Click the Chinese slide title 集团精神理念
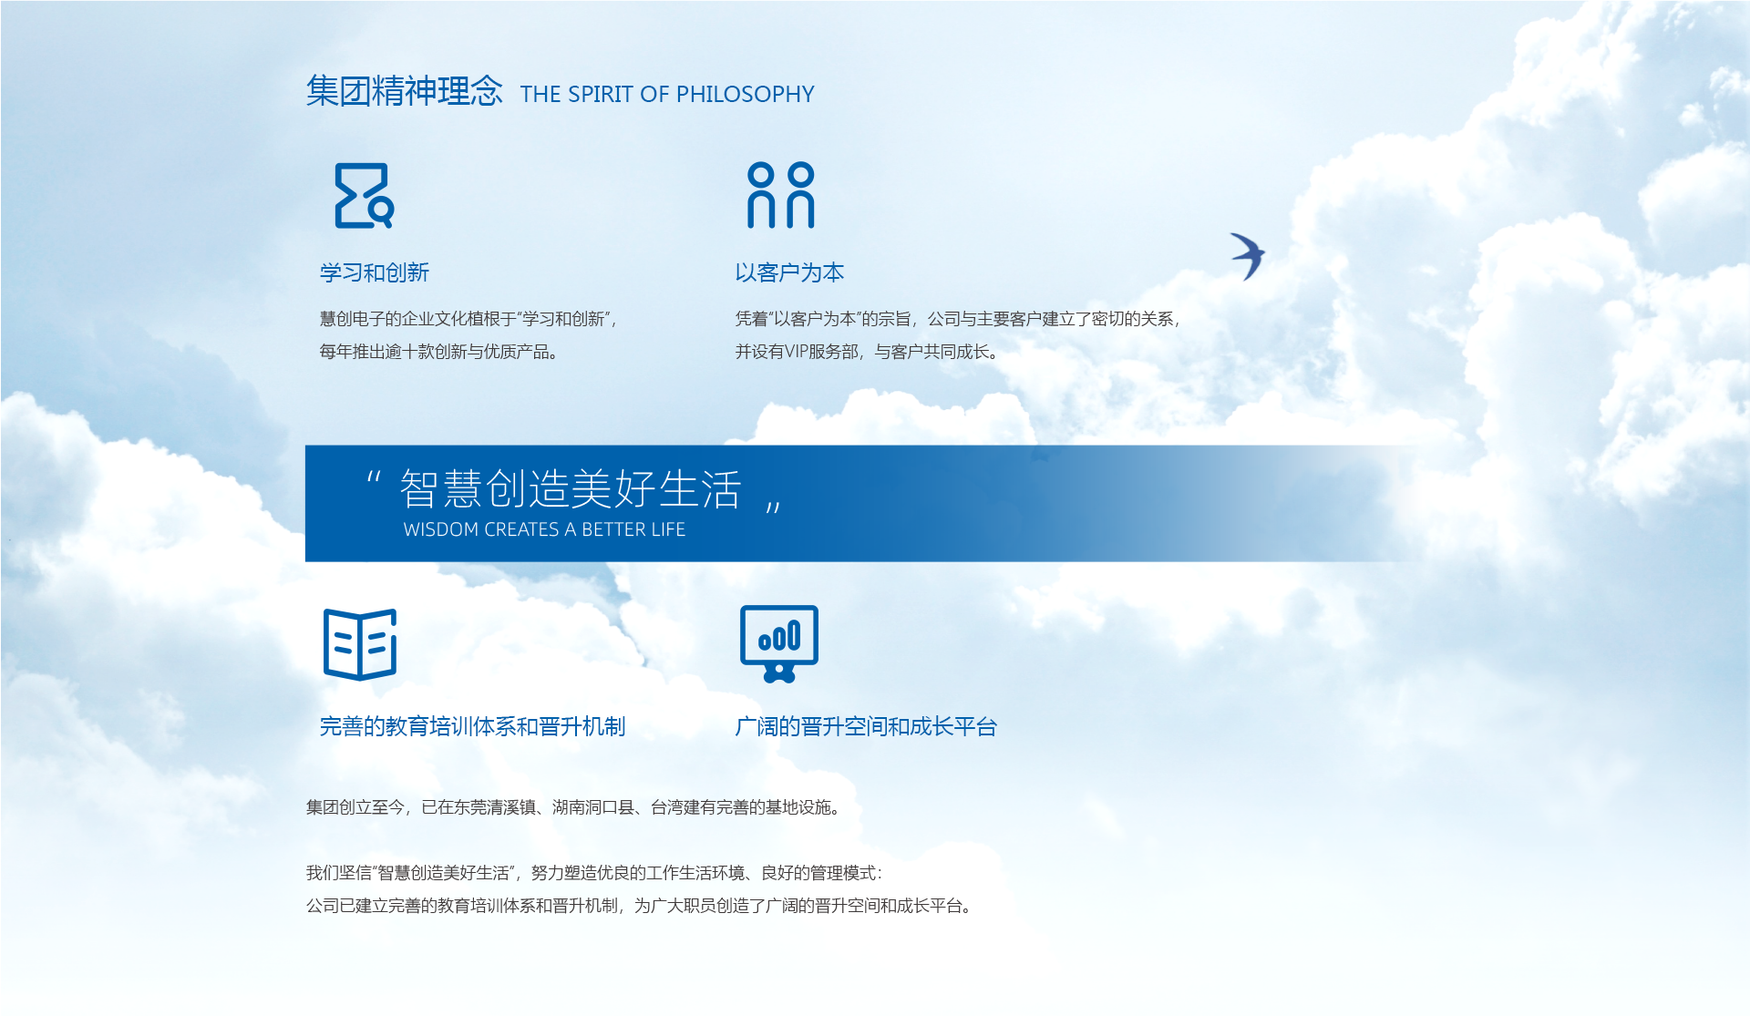(x=404, y=91)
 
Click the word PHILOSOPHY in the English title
(x=746, y=94)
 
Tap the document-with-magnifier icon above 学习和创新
(x=364, y=195)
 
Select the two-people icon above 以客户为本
(x=781, y=195)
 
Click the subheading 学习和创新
(x=374, y=272)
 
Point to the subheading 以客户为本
(x=789, y=272)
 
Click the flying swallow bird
(x=1248, y=256)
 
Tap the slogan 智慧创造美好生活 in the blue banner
(x=571, y=489)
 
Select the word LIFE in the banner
(x=668, y=529)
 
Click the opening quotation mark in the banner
(x=374, y=477)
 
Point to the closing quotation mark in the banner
(x=773, y=507)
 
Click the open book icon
(x=360, y=644)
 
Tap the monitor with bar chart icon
(x=779, y=643)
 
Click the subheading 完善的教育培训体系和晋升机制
(x=472, y=726)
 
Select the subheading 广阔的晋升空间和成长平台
(x=866, y=726)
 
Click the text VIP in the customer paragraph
(x=798, y=352)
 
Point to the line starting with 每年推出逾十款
(x=438, y=352)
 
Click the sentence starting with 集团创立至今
(x=573, y=807)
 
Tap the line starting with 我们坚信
(x=594, y=873)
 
